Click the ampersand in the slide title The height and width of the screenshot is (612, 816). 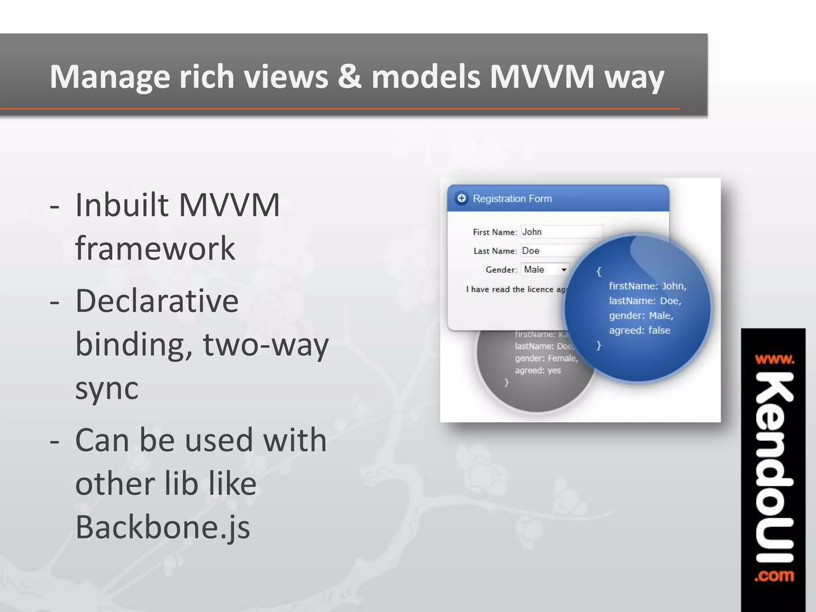[x=349, y=77]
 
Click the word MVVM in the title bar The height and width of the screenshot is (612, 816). [x=542, y=77]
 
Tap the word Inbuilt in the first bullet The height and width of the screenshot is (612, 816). [x=121, y=205]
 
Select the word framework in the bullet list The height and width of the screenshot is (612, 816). [x=155, y=249]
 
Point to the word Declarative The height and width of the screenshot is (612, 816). [x=157, y=301]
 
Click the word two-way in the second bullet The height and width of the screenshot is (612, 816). [x=266, y=344]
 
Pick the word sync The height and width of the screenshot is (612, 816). [x=107, y=388]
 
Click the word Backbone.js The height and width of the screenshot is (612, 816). [x=163, y=527]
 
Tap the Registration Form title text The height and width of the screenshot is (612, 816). [x=512, y=198]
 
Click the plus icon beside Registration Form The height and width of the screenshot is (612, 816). [x=461, y=198]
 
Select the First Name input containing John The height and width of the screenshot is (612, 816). [x=561, y=232]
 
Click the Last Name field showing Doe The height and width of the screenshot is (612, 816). [x=558, y=251]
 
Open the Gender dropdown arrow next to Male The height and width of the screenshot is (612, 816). [x=564, y=270]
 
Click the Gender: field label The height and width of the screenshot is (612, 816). [x=501, y=270]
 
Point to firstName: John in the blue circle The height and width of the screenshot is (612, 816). [x=647, y=286]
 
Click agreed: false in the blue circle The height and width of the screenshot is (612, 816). [x=639, y=330]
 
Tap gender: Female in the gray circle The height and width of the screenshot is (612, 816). [x=546, y=358]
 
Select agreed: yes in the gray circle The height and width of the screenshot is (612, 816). [x=537, y=371]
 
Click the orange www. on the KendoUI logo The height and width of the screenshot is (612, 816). [x=774, y=360]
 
